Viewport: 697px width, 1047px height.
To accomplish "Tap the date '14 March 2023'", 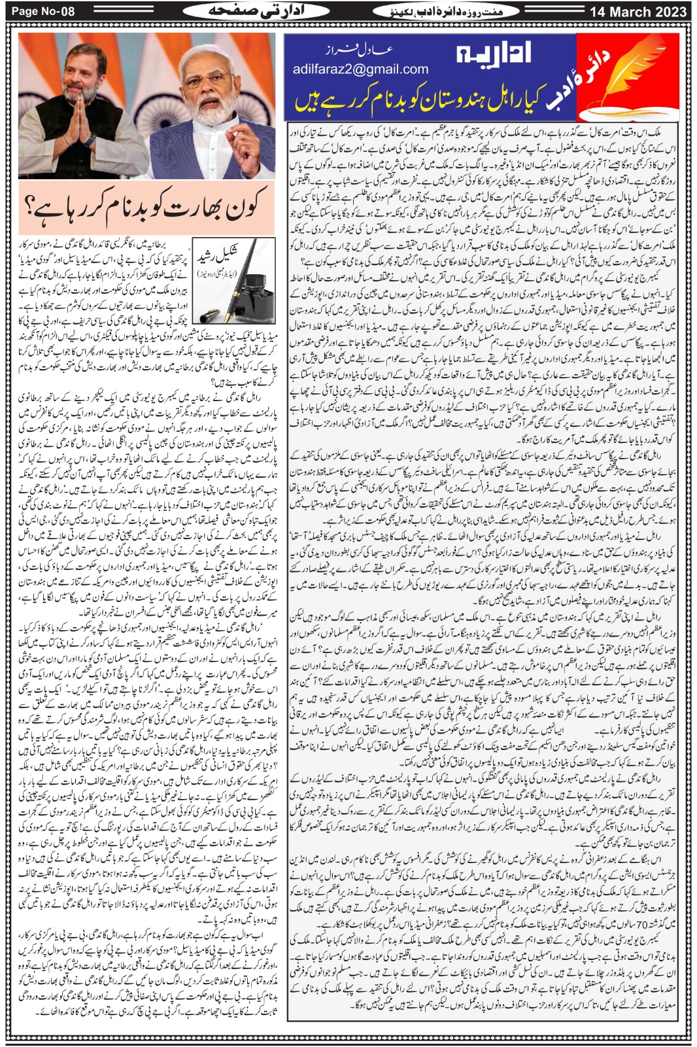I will click(x=637, y=11).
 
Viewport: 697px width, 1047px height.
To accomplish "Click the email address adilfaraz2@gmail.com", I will click(x=360, y=69).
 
